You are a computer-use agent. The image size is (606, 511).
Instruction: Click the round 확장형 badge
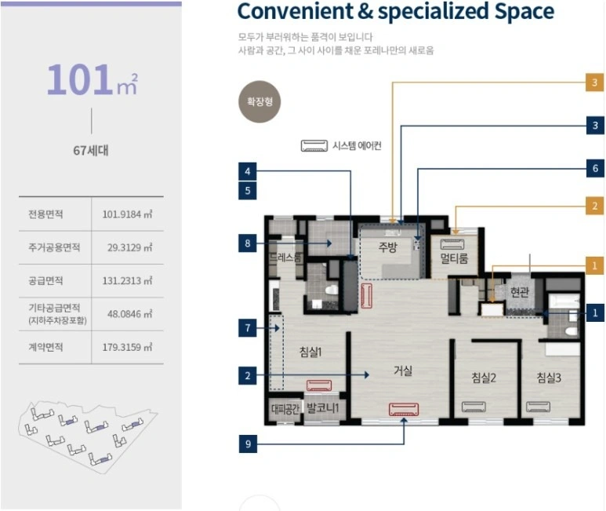[259, 102]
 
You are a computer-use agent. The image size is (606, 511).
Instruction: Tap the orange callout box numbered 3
[595, 82]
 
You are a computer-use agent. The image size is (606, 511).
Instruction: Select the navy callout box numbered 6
[595, 168]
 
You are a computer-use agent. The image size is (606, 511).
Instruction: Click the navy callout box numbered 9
[248, 443]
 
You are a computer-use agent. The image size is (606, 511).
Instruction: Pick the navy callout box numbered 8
[248, 243]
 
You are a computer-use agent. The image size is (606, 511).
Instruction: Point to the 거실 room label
[403, 370]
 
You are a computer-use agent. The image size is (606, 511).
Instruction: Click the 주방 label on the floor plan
[387, 246]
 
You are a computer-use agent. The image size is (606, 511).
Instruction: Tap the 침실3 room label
[549, 377]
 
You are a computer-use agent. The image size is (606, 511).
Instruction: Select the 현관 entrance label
[520, 292]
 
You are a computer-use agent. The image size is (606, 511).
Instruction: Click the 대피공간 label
[285, 409]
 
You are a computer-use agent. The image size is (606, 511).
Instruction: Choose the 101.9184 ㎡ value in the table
[127, 214]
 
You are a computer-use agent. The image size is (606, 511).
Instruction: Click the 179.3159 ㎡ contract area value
[127, 347]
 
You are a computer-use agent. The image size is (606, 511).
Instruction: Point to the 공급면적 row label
[45, 280]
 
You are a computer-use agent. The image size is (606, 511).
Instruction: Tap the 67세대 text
[91, 150]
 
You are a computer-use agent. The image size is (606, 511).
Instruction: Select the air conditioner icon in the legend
[314, 146]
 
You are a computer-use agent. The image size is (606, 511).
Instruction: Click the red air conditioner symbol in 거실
[404, 409]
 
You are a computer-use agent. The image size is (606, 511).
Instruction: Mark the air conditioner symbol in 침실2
[474, 407]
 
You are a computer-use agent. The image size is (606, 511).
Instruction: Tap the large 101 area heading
[80, 79]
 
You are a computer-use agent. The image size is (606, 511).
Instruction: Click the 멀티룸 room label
[454, 258]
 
